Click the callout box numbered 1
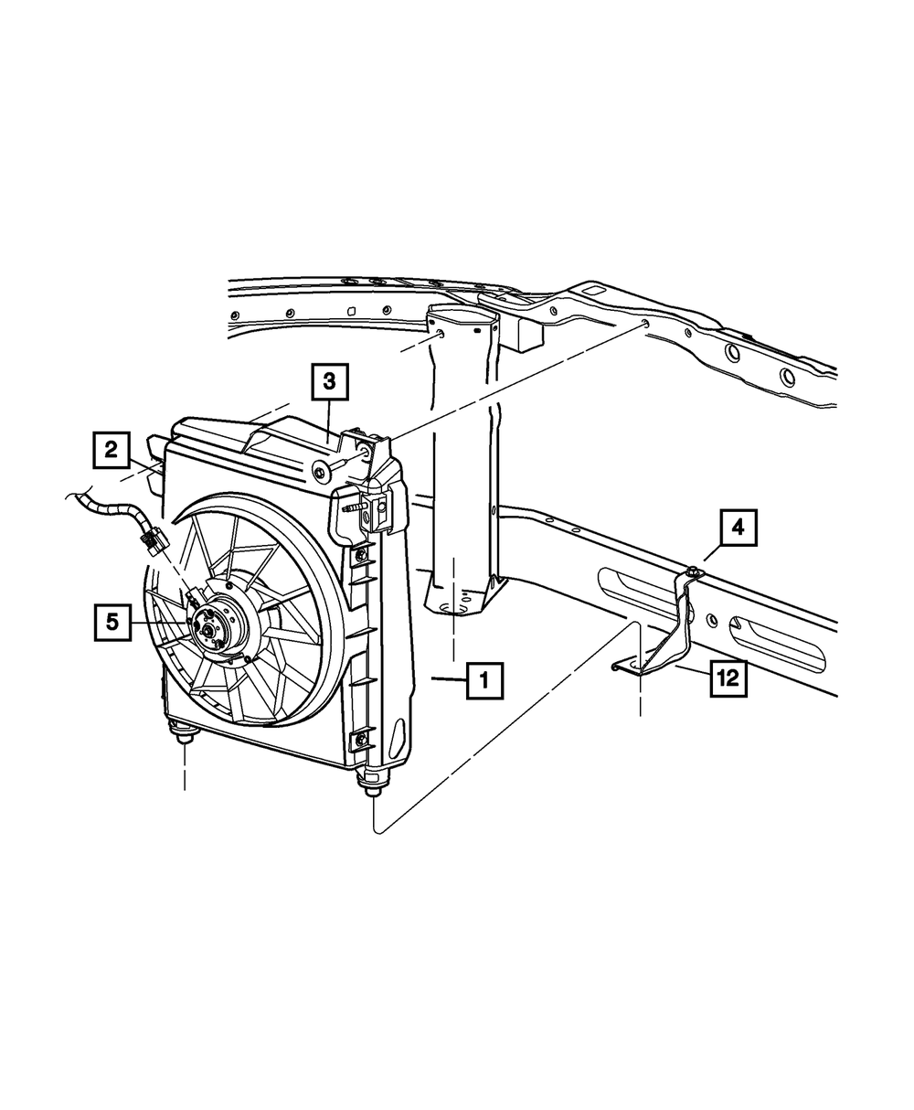pyautogui.click(x=484, y=680)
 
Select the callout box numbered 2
pyautogui.click(x=111, y=449)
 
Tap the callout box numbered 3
pyautogui.click(x=329, y=383)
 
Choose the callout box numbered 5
pyautogui.click(x=112, y=622)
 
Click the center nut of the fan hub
pyautogui.click(x=209, y=628)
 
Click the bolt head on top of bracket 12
pyautogui.click(x=696, y=572)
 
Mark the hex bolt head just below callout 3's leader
pyautogui.click(x=320, y=472)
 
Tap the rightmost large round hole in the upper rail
pyautogui.click(x=787, y=376)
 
